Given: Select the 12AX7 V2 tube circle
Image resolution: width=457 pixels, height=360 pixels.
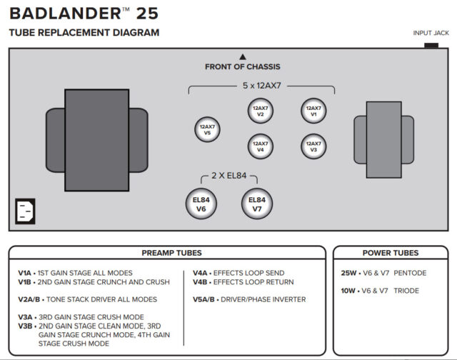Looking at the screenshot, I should pyautogui.click(x=260, y=111).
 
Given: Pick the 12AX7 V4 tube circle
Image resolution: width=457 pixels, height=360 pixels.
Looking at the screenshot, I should pyautogui.click(x=260, y=147).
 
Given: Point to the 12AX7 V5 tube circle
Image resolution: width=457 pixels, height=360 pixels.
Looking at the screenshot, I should pyautogui.click(x=207, y=130).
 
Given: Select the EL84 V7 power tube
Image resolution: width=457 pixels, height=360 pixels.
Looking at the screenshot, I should pyautogui.click(x=257, y=204).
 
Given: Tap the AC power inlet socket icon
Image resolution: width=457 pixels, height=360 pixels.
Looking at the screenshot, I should pyautogui.click(x=26, y=211).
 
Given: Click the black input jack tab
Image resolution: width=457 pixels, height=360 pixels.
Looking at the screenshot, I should pyautogui.click(x=431, y=45).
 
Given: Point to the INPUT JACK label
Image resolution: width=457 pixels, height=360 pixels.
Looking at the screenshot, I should pyautogui.click(x=431, y=33).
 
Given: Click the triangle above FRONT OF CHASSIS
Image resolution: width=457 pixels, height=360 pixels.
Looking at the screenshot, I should pyautogui.click(x=243, y=56).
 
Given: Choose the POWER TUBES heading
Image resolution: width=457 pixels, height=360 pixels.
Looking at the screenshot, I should pyautogui.click(x=390, y=253).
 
